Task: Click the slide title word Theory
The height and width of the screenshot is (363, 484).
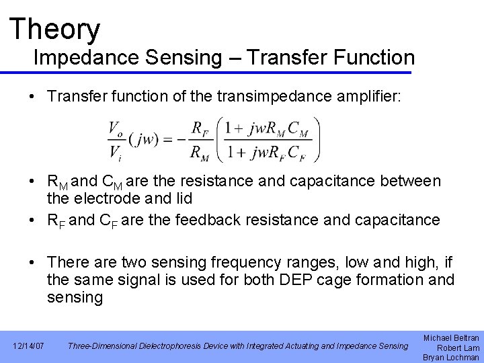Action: [x=55, y=29]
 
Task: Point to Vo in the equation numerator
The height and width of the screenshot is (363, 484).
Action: [x=116, y=128]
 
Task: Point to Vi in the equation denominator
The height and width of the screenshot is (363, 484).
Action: [x=116, y=152]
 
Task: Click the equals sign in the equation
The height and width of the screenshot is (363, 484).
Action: [x=165, y=140]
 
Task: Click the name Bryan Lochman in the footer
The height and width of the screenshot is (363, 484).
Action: [x=451, y=357]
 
